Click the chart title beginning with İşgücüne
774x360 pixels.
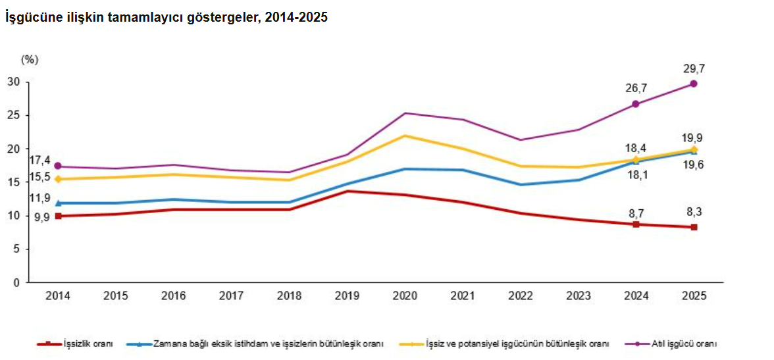click(x=167, y=18)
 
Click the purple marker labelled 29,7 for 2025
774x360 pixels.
click(x=694, y=84)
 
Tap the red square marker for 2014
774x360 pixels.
click(x=59, y=216)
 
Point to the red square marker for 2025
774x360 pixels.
click(x=694, y=227)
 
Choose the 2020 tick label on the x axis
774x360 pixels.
click(x=405, y=296)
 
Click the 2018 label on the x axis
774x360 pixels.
click(x=290, y=296)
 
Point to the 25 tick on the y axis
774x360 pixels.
click(x=14, y=116)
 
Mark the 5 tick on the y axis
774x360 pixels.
click(x=16, y=249)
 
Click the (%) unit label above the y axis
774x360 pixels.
click(x=30, y=60)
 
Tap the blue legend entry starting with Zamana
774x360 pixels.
click(x=263, y=344)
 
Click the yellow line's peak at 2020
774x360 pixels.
click(x=405, y=136)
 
